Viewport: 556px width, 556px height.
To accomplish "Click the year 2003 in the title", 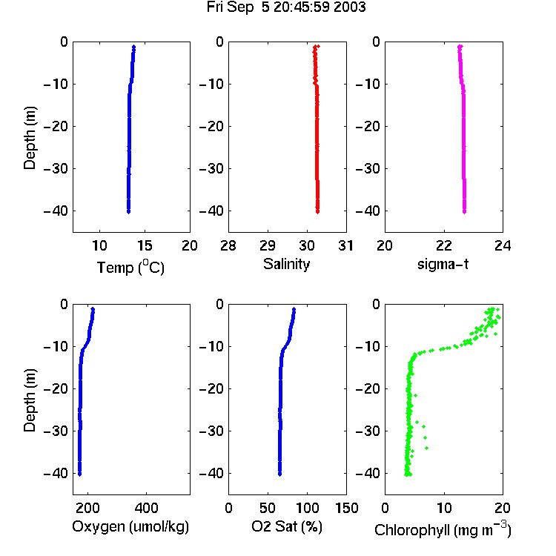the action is tap(349, 7).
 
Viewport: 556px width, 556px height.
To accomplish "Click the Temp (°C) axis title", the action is tap(130, 267).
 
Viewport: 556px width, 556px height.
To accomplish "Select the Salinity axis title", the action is tap(286, 264).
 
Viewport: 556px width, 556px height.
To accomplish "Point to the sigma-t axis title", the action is tap(443, 264).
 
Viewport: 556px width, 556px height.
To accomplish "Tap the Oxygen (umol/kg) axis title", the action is tap(130, 527).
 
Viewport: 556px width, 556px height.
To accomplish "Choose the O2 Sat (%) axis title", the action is tap(286, 526).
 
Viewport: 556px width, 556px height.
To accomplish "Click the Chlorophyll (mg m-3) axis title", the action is tap(443, 529).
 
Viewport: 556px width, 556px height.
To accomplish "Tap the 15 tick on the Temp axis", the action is tap(145, 245).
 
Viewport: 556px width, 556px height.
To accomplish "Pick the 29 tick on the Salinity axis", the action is tap(268, 245).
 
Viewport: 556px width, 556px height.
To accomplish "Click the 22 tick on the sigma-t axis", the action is tap(443, 245).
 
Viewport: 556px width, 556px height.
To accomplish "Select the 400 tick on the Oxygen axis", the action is tap(146, 508).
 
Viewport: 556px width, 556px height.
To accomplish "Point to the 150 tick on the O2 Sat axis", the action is tap(346, 508).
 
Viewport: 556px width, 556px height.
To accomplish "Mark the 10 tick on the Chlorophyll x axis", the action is tap(443, 508).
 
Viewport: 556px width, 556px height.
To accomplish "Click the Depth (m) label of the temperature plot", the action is tap(30, 138).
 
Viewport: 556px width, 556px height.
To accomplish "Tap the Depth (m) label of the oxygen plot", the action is tap(30, 400).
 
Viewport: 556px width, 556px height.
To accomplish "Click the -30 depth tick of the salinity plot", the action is tap(212, 168).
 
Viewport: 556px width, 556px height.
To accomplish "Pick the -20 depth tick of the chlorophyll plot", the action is tap(368, 388).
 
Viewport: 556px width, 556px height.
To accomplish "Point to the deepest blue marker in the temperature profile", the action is tap(128, 212).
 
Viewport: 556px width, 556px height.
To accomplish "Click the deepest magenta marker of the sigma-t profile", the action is tap(464, 212).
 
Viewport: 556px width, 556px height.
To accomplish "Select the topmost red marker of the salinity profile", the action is tap(318, 46).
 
